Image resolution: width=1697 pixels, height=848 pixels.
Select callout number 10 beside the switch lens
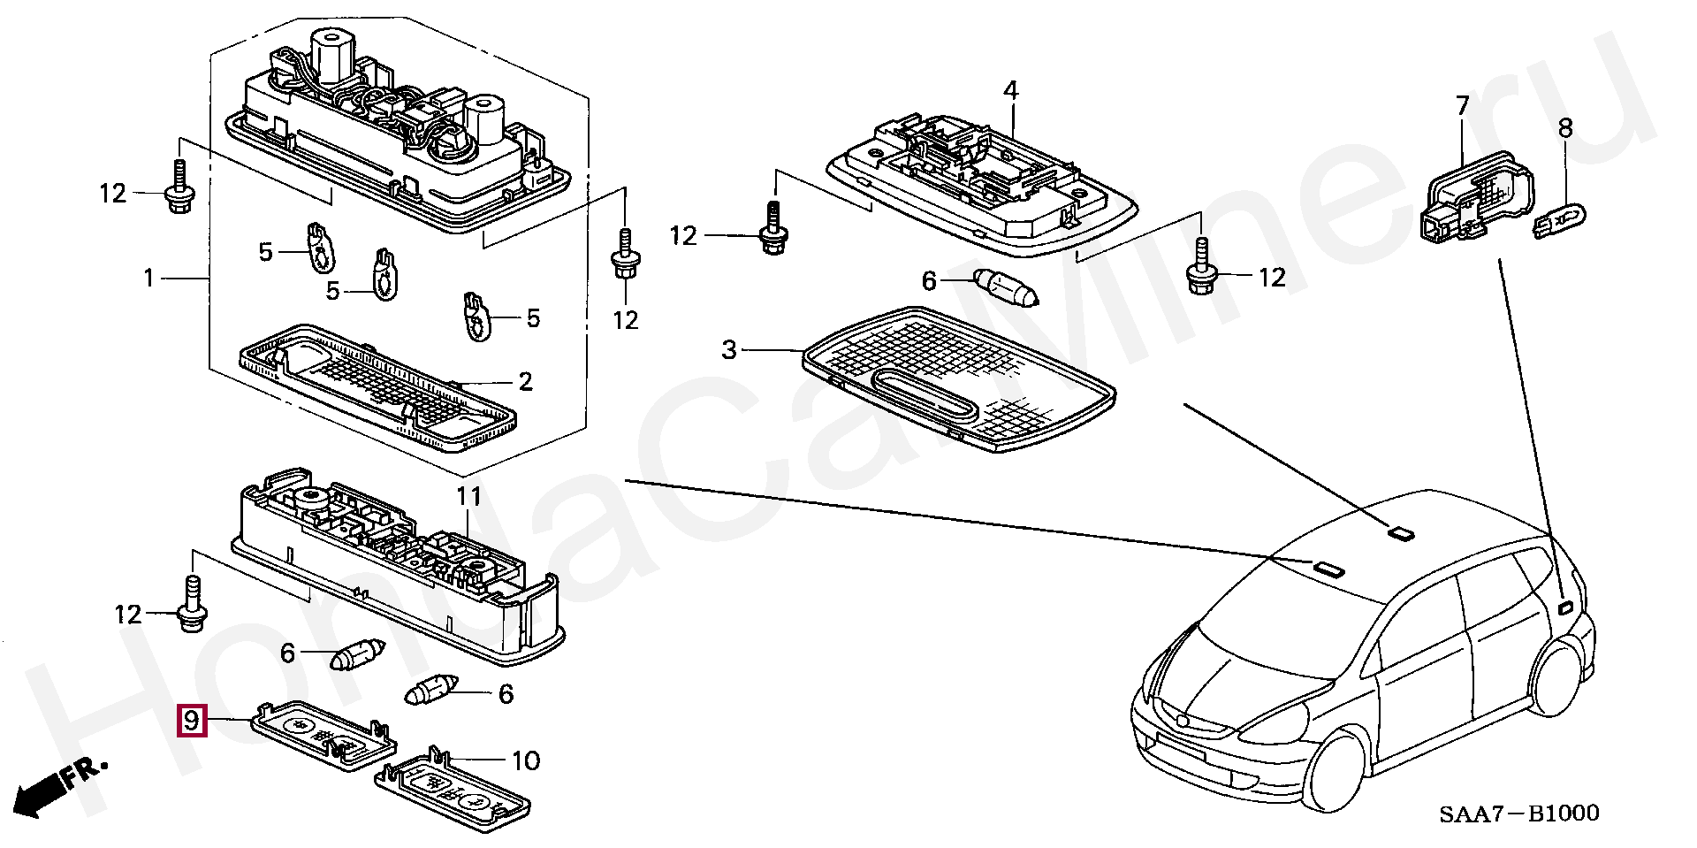tap(525, 760)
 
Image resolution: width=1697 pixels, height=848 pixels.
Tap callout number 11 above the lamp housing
tap(468, 496)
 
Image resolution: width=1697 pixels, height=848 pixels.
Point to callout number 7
tap(1462, 107)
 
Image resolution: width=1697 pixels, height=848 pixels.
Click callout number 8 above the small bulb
tap(1565, 128)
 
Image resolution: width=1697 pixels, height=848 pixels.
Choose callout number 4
tap(1010, 90)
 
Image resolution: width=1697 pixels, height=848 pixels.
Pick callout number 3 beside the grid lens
tap(728, 350)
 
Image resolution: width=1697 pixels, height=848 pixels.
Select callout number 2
tap(525, 382)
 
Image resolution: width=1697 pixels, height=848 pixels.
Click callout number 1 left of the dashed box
tap(149, 279)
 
